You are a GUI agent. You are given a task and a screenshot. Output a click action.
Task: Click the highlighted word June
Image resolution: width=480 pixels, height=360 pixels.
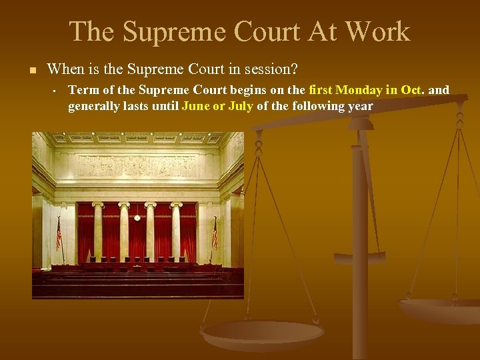pos(195,106)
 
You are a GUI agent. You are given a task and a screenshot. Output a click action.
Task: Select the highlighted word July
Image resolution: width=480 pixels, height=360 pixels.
pos(240,106)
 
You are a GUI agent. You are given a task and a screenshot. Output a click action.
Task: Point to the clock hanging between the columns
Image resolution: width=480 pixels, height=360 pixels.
pos(137,217)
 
